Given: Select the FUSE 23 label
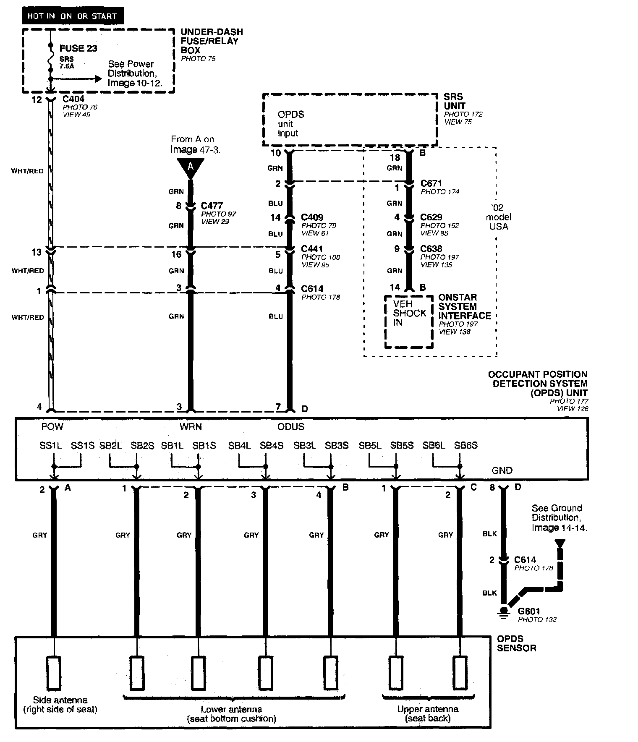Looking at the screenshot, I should pos(78,48).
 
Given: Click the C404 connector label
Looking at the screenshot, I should pos(73,99).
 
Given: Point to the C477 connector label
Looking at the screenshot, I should pos(212,206).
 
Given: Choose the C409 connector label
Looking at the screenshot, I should pos(312,217).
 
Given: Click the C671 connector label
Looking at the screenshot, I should pos(431,183).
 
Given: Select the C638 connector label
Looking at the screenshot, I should pos(431,249).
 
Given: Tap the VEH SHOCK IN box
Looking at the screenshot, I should pos(409,321).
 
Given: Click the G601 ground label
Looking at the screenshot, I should pos(529,611).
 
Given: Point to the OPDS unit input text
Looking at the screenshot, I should pos(290,124).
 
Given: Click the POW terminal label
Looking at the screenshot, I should pos(52,427).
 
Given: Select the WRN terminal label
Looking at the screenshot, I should pos(191,427).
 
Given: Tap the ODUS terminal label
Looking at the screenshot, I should pos(291,427).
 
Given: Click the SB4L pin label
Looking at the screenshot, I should pos(239,446).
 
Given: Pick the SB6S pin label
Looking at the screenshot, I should pos(466,446).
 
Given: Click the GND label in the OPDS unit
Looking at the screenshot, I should pos(502,470).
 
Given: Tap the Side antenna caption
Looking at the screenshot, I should pos(60,705).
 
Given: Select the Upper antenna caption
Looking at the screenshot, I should pos(428,713).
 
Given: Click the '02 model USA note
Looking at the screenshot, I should pos(498,217).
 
